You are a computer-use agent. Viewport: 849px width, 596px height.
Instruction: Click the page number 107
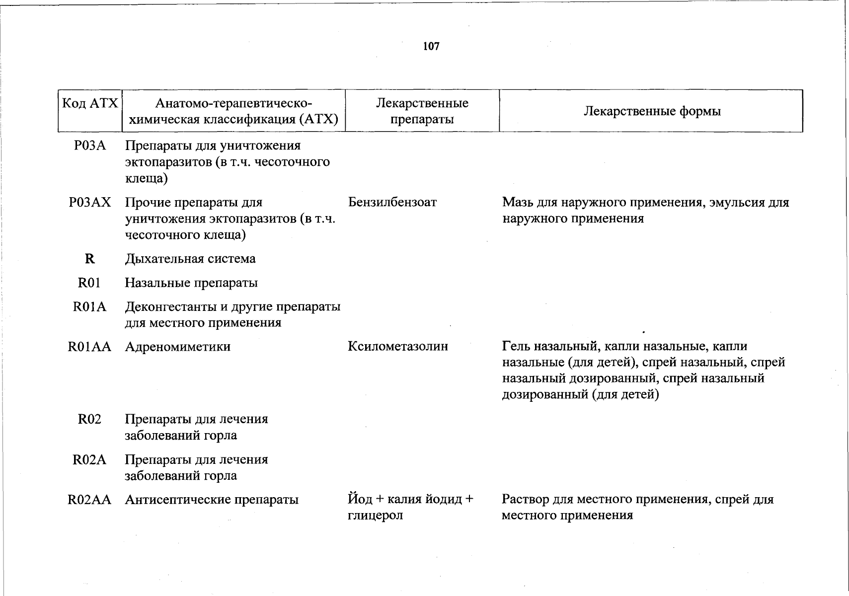click(x=431, y=46)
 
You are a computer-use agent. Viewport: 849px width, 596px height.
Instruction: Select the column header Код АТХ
click(x=90, y=103)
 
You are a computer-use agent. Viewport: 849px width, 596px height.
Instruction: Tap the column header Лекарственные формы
click(x=652, y=111)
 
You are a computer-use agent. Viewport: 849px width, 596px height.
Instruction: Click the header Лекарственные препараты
click(x=422, y=111)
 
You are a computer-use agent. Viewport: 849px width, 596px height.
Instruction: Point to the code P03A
click(x=90, y=146)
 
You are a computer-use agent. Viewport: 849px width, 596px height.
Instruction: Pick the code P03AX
click(x=90, y=202)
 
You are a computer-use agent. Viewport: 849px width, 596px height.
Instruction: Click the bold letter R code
click(x=90, y=259)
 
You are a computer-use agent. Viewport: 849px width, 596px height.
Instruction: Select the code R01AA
click(x=89, y=347)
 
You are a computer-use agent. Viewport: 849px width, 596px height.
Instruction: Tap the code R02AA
click(x=89, y=500)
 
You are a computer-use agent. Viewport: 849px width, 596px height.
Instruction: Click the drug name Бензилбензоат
click(x=392, y=202)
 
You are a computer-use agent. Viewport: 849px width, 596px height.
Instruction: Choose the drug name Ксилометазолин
click(x=398, y=347)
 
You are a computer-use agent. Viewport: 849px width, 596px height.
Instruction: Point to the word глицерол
click(x=375, y=516)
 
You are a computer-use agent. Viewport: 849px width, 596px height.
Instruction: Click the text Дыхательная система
click(x=190, y=259)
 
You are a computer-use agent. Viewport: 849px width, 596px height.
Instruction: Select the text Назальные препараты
click(x=191, y=283)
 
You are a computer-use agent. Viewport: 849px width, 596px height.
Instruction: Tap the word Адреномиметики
click(x=177, y=347)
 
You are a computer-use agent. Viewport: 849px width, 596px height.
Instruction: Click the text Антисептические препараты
click(x=212, y=500)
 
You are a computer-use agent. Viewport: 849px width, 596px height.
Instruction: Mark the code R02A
click(x=89, y=459)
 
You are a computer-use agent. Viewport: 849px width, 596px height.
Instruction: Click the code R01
click(x=89, y=283)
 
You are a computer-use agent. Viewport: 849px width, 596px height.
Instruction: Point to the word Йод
click(x=359, y=499)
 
